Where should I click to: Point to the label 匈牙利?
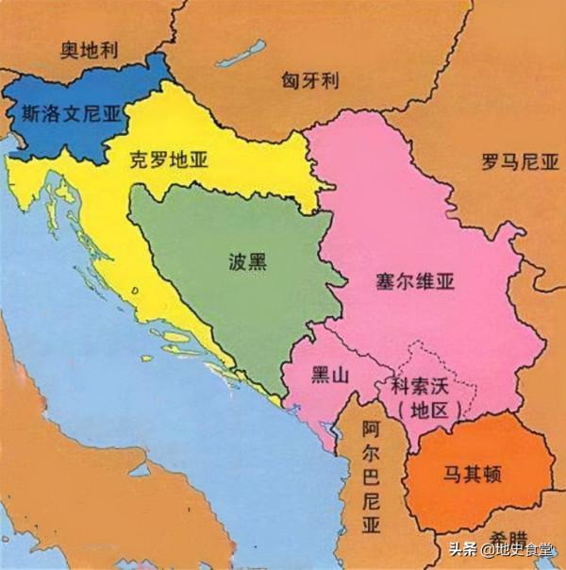pyautogui.click(x=309, y=80)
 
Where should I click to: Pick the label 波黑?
pyautogui.click(x=248, y=262)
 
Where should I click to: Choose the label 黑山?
pyautogui.click(x=330, y=375)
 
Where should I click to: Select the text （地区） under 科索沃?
pyautogui.click(x=428, y=411)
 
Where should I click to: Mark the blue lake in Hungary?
pyautogui.click(x=241, y=53)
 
